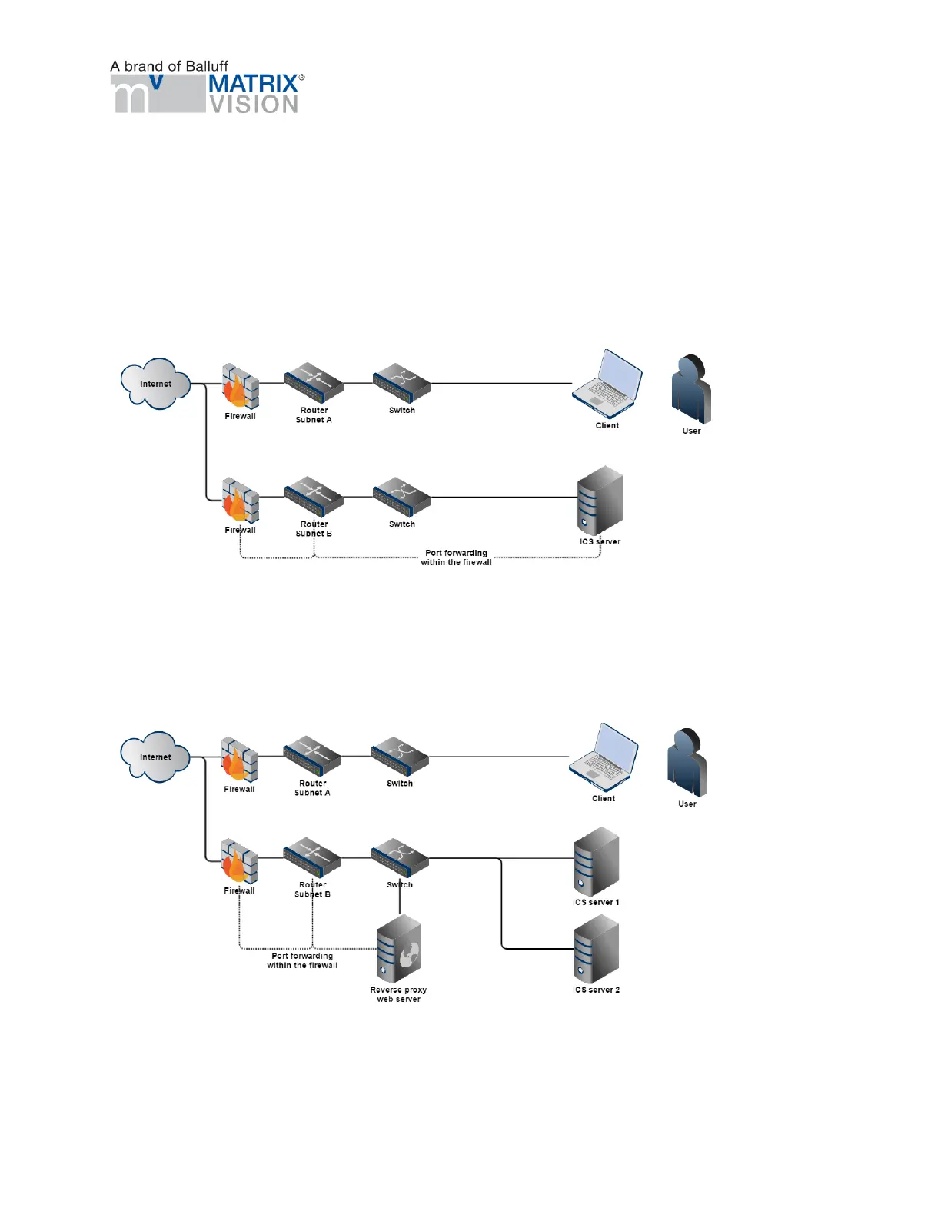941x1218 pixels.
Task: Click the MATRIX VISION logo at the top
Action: point(208,94)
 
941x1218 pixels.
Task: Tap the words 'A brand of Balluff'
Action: point(169,66)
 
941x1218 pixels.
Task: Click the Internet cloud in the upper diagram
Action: point(155,383)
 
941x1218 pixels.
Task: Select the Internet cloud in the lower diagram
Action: point(155,757)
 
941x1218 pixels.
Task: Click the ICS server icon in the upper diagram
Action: point(600,500)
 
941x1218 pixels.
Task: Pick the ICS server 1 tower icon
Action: point(597,861)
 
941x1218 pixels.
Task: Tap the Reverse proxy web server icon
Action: point(399,950)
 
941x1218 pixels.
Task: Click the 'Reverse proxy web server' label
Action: point(398,994)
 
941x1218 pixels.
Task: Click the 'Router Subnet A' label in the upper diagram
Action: point(314,415)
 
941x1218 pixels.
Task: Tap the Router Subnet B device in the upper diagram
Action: point(314,497)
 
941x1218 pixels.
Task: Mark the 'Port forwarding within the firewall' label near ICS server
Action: point(456,557)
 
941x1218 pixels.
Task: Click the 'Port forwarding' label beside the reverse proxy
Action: point(302,960)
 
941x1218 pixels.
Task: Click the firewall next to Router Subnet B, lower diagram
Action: point(239,861)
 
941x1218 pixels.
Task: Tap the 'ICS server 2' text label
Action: point(596,990)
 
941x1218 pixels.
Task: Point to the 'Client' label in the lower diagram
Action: point(604,798)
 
